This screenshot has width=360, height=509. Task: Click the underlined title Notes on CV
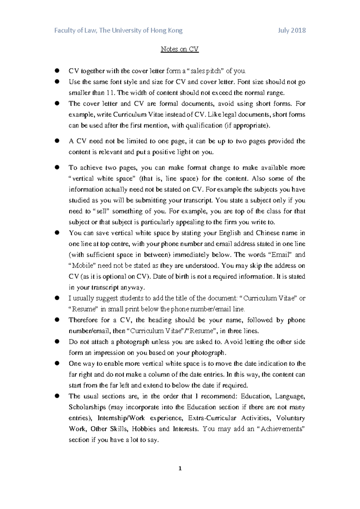[179, 49]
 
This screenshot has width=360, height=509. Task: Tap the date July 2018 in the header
[292, 30]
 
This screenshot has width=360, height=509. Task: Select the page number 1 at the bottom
[180, 468]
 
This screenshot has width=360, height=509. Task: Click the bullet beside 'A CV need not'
[57, 140]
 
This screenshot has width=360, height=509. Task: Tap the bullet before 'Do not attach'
[57, 341]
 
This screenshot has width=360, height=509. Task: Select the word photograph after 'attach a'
[133, 342]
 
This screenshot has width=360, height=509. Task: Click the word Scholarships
[87, 407]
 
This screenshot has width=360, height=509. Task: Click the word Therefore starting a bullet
[83, 320]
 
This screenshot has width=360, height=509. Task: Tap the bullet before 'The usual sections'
[57, 396]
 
